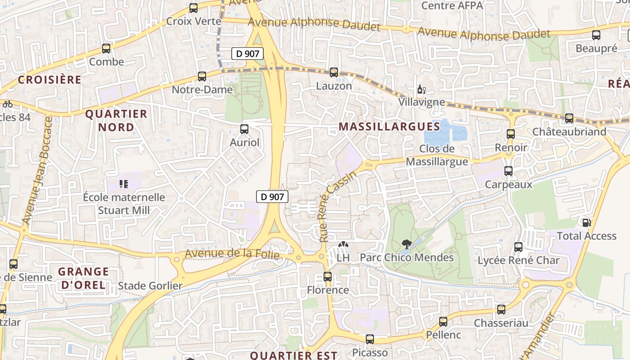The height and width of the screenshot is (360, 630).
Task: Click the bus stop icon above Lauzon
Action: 334,72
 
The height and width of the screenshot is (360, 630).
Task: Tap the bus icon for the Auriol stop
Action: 244,129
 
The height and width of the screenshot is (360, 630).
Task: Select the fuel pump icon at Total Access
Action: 586,222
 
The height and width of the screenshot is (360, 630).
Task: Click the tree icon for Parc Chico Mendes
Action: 407,244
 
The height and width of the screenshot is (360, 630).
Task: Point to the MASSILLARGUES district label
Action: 389,126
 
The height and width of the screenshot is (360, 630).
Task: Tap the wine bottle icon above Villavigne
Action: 421,89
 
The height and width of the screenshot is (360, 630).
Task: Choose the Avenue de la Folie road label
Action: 232,254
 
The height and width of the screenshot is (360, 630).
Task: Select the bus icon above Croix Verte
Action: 193,8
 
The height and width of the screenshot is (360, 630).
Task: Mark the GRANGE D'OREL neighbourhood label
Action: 84,278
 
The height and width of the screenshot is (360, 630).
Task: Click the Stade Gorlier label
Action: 150,286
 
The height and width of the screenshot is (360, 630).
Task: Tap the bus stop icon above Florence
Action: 328,277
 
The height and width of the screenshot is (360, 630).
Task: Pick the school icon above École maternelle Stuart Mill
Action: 124,184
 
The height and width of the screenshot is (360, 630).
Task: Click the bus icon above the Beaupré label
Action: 596,35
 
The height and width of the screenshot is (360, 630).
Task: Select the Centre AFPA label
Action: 452,6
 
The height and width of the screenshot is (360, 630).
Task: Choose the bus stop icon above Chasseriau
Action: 501,310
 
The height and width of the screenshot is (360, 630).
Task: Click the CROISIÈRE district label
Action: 49,80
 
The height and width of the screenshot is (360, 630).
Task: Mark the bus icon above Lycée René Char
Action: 518,247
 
